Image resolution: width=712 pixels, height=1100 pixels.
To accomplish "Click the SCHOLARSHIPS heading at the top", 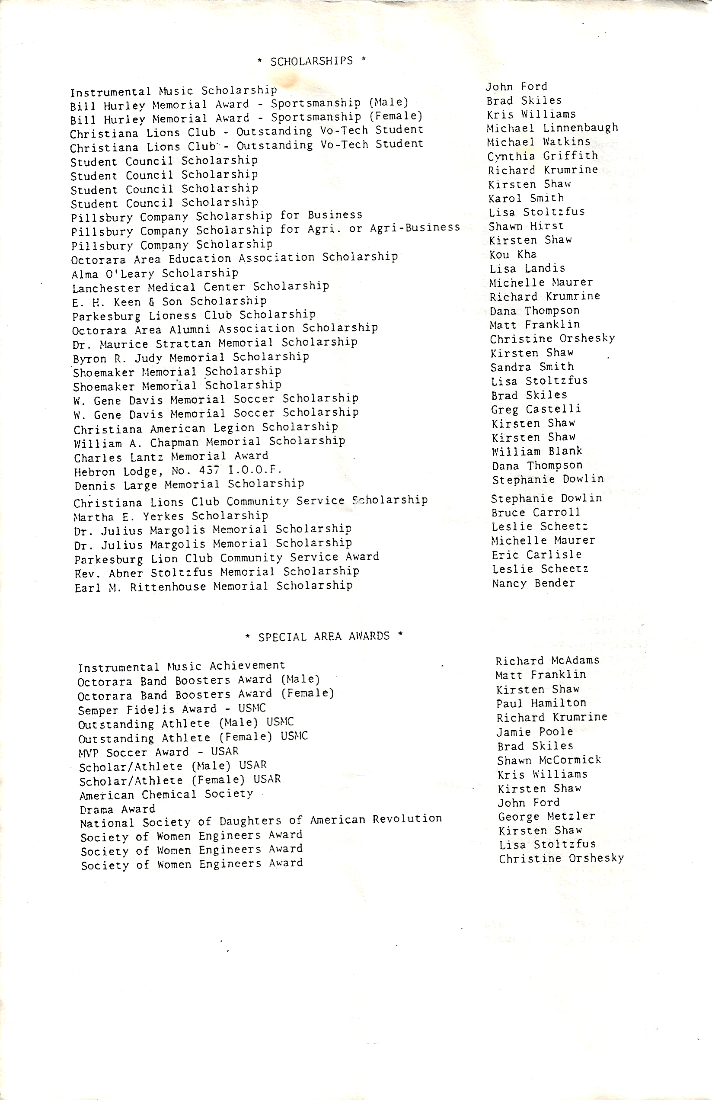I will pyautogui.click(x=311, y=61).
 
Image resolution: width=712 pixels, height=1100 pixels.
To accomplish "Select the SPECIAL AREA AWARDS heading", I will pyautogui.click(x=323, y=636).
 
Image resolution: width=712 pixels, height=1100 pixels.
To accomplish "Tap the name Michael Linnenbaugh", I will pyautogui.click(x=552, y=128).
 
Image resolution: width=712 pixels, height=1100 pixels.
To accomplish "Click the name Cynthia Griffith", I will pyautogui.click(x=543, y=156).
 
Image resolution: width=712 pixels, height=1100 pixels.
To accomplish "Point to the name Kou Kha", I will pyautogui.click(x=513, y=254).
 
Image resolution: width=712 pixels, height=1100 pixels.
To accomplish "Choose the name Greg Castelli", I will pyautogui.click(x=536, y=409).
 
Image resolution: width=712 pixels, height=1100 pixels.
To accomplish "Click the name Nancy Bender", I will pyautogui.click(x=533, y=583).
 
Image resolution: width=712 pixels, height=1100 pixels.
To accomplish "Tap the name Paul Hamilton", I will pyautogui.click(x=541, y=703).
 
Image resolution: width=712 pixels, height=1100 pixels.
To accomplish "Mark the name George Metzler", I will pyautogui.click(x=546, y=816).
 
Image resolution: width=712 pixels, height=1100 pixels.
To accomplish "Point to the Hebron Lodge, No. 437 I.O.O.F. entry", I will pyautogui.click(x=178, y=471).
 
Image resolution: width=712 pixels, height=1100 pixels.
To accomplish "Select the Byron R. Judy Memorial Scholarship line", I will pyautogui.click(x=191, y=357).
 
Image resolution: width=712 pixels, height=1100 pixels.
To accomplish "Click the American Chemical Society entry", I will pyautogui.click(x=166, y=795).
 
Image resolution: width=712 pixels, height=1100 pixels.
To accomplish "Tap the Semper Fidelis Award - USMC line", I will pyautogui.click(x=172, y=709).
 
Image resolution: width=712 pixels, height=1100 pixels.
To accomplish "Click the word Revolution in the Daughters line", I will pyautogui.click(x=407, y=818).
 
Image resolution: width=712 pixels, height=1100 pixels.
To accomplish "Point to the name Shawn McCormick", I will pyautogui.click(x=549, y=760).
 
